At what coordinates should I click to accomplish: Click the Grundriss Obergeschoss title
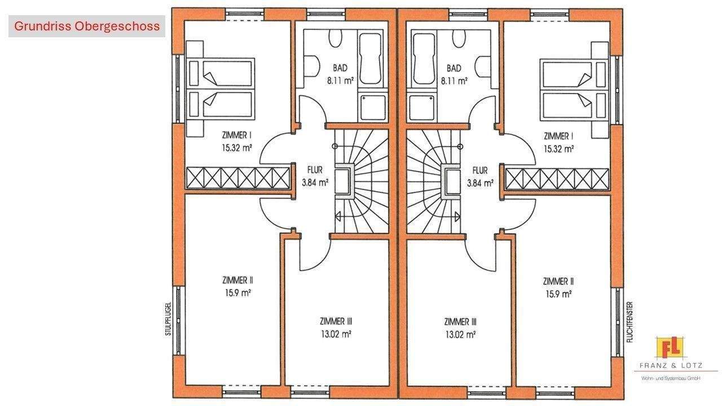87,26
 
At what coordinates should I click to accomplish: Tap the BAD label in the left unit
340,68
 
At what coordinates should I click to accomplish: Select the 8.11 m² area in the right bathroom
454,81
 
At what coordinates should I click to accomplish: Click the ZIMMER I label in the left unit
237,135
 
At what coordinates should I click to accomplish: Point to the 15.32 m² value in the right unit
558,149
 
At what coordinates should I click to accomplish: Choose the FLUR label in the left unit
315,170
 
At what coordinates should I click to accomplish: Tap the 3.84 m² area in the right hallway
480,183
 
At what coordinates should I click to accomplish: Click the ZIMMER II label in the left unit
237,280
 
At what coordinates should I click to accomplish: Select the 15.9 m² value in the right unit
558,294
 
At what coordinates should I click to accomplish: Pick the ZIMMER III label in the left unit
336,321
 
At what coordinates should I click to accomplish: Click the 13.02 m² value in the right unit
460,335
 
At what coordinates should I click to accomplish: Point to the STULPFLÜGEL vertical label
168,319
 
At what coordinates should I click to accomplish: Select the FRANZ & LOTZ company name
671,366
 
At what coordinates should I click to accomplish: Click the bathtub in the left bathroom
371,59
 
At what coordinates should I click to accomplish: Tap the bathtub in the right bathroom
424,59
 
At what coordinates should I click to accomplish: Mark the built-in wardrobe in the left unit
238,178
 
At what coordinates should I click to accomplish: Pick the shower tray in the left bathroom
373,108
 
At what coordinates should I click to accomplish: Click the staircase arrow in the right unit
457,217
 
